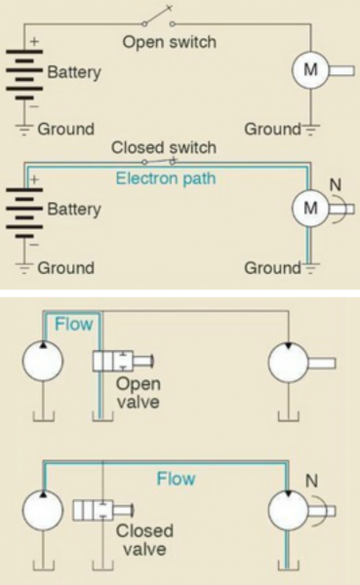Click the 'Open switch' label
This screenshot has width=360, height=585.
168,42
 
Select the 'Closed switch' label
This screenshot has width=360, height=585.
163,148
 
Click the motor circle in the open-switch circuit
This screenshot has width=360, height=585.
311,72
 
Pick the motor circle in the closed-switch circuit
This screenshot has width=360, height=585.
311,208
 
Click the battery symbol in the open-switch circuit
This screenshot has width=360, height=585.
24,73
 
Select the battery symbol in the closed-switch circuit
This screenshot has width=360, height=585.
24,210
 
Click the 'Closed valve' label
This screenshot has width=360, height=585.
143,541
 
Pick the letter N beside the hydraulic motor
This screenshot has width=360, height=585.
314,480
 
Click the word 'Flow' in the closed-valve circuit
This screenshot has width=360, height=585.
177,480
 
